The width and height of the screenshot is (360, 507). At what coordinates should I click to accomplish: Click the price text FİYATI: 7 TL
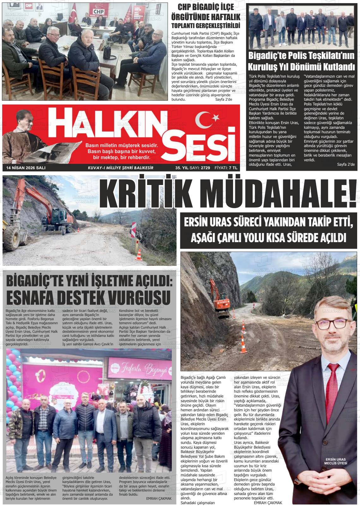pos(225,168)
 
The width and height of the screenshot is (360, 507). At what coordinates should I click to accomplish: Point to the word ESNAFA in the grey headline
pos(37,297)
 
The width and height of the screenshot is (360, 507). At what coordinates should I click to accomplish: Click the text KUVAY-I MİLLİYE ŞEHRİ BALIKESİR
pos(121,168)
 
